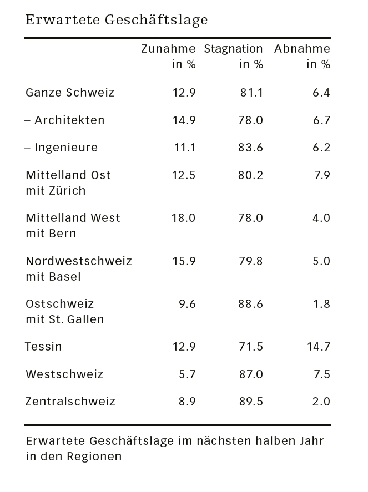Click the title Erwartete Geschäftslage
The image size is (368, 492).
tap(117, 21)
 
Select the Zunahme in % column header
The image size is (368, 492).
tap(168, 57)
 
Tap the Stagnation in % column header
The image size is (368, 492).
tap(233, 57)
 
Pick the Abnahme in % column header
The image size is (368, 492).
tap(302, 57)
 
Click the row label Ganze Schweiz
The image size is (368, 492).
tap(70, 93)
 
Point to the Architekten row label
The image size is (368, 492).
tap(65, 120)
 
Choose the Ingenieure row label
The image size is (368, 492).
tap(62, 148)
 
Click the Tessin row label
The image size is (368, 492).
tap(43, 347)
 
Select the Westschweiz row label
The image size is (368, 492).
tap(64, 374)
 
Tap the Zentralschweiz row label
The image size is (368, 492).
tap(70, 402)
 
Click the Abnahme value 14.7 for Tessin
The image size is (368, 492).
tap(318, 347)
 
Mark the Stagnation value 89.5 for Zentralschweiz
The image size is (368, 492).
tap(251, 402)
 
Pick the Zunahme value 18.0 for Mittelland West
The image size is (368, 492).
tap(183, 218)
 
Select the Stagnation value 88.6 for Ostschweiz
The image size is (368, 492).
tap(251, 304)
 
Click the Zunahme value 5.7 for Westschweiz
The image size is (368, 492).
tap(187, 374)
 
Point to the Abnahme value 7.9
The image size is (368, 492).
tap(321, 175)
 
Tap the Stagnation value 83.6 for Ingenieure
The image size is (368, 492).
tap(251, 148)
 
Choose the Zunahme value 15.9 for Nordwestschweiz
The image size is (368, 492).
tap(183, 261)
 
